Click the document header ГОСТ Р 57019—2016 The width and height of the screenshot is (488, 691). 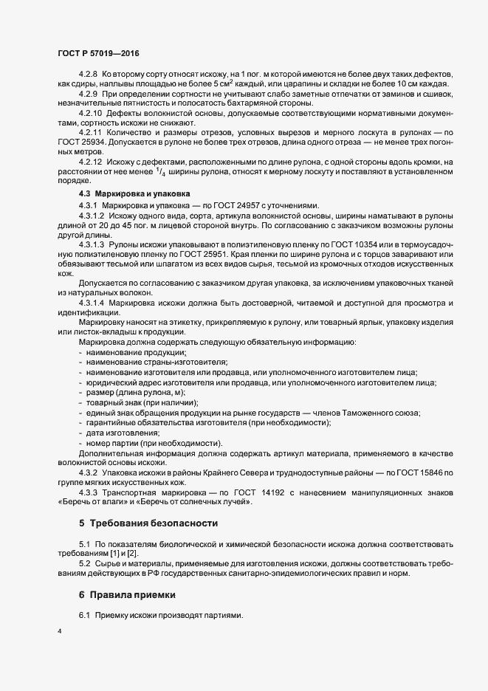[98, 53]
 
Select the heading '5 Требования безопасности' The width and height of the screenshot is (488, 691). [148, 523]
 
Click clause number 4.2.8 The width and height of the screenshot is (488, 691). [89, 75]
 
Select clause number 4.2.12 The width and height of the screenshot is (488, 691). [91, 161]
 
